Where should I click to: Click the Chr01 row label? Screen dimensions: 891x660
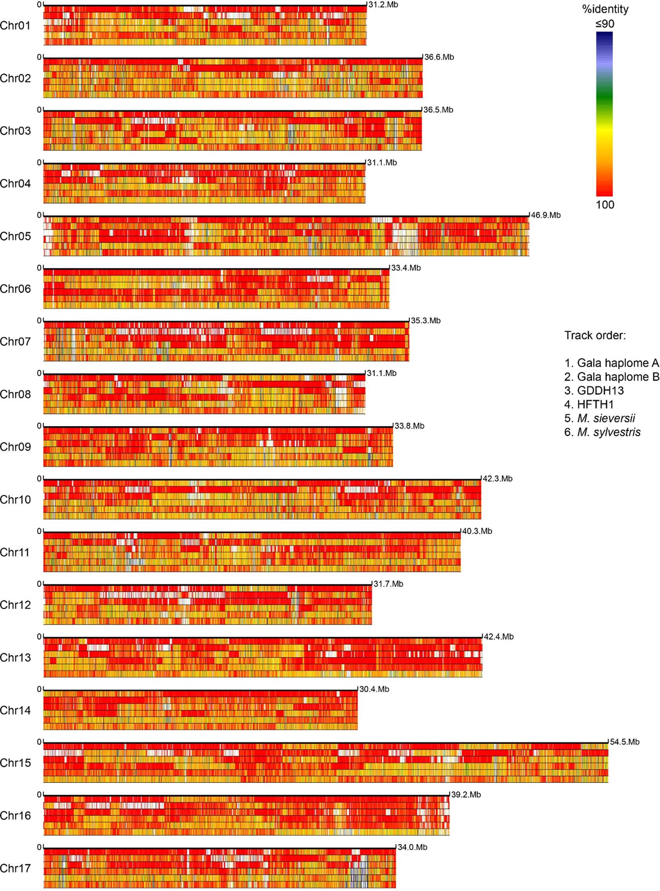(15, 25)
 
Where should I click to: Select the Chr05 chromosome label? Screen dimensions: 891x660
(15, 236)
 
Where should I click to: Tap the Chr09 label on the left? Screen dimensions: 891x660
(15, 447)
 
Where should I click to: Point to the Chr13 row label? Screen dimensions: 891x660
(15, 657)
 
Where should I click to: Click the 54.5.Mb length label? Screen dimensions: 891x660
(625, 742)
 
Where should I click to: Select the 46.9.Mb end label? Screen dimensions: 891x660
(546, 215)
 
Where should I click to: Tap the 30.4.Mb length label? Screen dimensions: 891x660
(374, 689)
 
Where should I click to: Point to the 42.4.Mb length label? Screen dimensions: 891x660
(498, 637)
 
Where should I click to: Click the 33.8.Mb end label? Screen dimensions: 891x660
(409, 426)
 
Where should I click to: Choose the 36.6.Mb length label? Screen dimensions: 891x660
(439, 57)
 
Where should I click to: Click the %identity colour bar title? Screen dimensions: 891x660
(605, 9)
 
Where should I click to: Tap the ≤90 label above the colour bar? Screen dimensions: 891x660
(605, 24)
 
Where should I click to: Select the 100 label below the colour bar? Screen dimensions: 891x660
(605, 205)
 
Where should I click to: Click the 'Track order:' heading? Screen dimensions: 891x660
(595, 335)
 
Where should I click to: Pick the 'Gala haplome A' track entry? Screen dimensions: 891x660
(612, 363)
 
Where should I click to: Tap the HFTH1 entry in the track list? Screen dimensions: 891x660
(589, 405)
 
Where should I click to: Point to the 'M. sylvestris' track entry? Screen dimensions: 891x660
(603, 432)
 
